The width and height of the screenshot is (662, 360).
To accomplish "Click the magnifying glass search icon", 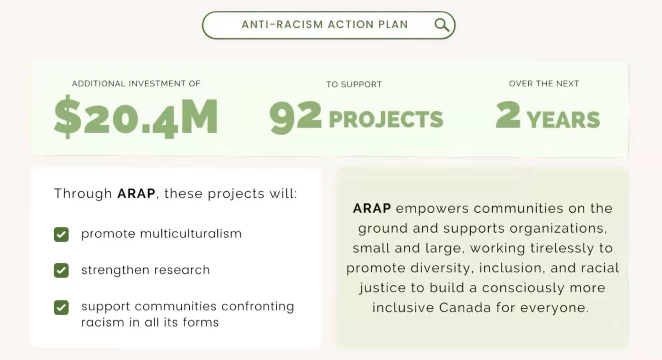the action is [442, 25].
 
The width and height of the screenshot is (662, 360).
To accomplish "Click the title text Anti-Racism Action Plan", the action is [325, 25].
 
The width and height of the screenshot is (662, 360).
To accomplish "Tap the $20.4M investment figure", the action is [136, 117].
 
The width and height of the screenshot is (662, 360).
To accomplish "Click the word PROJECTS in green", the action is [386, 119].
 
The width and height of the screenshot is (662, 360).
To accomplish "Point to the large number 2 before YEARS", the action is [508, 115].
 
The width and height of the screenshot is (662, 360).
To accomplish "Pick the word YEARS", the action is [563, 120].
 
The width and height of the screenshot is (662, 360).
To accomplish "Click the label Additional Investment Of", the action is [136, 83].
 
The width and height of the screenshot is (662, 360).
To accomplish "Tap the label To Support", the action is [354, 84].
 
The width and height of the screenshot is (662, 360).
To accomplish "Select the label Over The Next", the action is [544, 83].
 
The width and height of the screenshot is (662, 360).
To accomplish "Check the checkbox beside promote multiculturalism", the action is [61, 234].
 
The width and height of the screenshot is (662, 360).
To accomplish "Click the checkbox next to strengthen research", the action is [61, 270].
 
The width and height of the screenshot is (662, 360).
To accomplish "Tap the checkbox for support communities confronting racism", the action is [61, 307].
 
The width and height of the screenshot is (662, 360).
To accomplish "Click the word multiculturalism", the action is [191, 233].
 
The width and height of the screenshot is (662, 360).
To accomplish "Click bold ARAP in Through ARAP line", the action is [136, 193].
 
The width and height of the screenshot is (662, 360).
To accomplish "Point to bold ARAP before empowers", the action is [372, 208].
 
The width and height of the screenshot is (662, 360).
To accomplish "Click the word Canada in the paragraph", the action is [465, 307].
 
